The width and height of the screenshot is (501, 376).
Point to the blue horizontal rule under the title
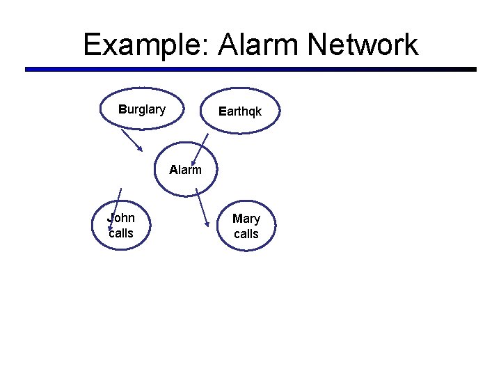250,70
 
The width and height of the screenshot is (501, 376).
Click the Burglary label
142,109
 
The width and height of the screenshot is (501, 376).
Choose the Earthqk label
240,111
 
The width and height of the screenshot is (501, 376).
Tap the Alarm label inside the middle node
186,169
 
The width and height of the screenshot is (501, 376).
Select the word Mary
246,219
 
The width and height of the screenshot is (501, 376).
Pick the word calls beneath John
121,233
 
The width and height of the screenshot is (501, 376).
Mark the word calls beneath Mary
246,235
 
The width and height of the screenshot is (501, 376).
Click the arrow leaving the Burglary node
132,140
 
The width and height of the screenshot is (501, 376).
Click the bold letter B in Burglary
122,109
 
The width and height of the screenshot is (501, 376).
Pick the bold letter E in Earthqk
221,111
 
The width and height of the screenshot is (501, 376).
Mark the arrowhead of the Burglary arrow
140,148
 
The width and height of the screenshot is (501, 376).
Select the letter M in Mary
237,219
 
